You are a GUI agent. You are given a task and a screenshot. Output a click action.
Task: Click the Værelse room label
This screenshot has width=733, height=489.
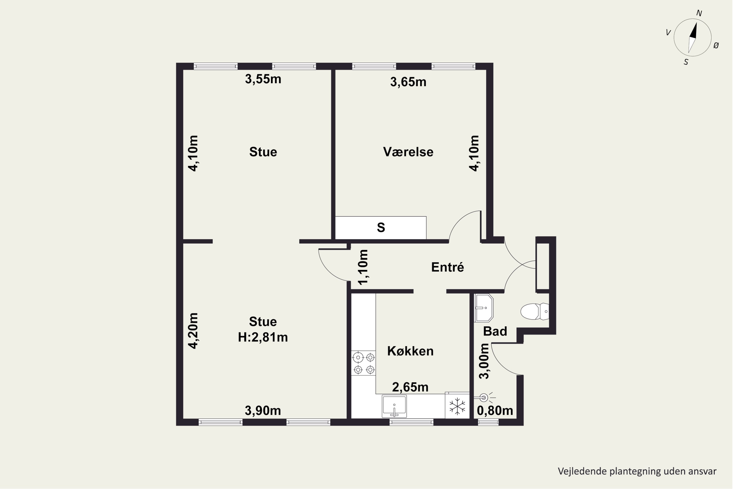[x=408, y=152]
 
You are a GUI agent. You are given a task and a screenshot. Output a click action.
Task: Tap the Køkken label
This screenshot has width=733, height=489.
[x=410, y=351]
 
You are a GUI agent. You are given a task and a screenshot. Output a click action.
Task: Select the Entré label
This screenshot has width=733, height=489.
[x=448, y=267]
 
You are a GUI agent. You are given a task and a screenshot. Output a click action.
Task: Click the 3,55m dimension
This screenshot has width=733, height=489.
[x=263, y=79]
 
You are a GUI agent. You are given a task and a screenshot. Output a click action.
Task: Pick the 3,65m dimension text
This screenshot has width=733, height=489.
[x=408, y=82]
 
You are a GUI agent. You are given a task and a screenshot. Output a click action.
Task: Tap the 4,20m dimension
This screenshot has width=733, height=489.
[x=193, y=331]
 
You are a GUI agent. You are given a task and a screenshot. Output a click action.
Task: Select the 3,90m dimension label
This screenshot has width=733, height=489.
[x=263, y=411]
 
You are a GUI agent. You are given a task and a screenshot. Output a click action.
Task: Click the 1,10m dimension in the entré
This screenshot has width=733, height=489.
[x=363, y=267]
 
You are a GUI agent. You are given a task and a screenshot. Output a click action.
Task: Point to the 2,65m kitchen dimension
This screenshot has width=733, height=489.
[x=410, y=387]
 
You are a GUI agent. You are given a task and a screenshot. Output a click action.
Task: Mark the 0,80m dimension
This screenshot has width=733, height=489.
[x=495, y=411]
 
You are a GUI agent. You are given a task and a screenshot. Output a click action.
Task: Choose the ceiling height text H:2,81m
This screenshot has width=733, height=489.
[x=263, y=337]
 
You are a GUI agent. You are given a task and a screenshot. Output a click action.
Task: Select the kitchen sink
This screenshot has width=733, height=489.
[x=394, y=406]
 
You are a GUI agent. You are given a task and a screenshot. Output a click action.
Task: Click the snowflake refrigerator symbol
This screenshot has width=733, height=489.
[x=457, y=406]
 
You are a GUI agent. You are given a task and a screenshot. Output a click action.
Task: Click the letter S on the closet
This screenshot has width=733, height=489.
[x=381, y=228]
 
